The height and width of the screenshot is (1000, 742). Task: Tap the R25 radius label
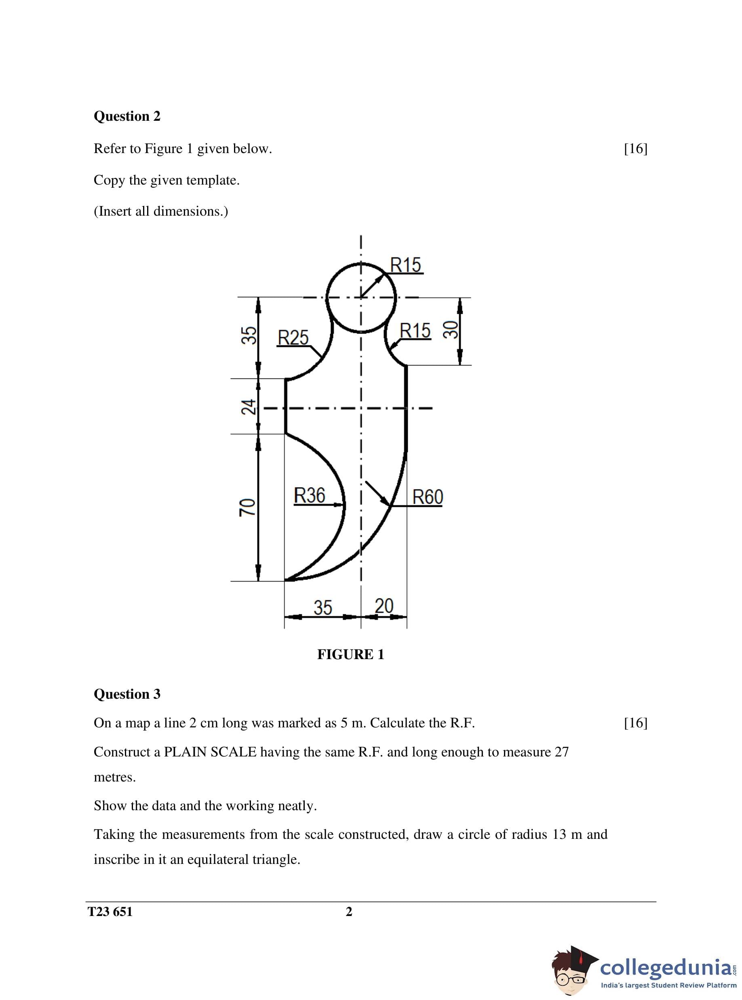(293, 338)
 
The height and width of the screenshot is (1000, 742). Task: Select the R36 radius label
(310, 496)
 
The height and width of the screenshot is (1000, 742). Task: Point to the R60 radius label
(428, 497)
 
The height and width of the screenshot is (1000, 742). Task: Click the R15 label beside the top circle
(406, 265)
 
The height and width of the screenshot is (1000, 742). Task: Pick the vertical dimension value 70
(248, 507)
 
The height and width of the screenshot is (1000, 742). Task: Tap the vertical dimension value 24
(249, 407)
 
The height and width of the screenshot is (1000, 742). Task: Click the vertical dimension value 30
(451, 330)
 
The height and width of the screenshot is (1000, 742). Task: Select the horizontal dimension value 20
(384, 606)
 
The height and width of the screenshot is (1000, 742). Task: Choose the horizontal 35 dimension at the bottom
(323, 608)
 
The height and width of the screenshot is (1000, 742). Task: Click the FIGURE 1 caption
(350, 654)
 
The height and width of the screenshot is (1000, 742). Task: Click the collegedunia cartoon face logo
(573, 972)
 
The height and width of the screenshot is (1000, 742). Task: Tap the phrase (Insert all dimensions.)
(161, 211)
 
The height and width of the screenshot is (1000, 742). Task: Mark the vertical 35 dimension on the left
(249, 335)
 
